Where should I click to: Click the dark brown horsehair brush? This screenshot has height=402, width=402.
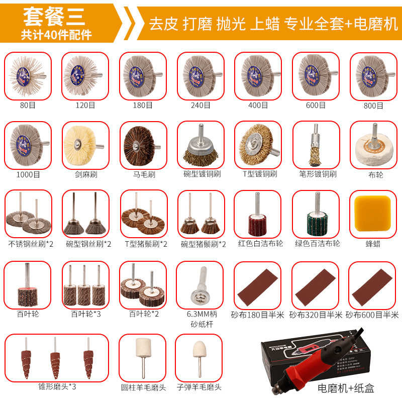tap(142, 144)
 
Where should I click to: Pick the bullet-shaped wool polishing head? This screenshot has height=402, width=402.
tap(199, 357)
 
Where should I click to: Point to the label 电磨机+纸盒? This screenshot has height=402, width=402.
tap(346, 388)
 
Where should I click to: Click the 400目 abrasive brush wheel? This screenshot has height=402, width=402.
tap(258, 75)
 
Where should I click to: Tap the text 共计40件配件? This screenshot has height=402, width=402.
tap(56, 36)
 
